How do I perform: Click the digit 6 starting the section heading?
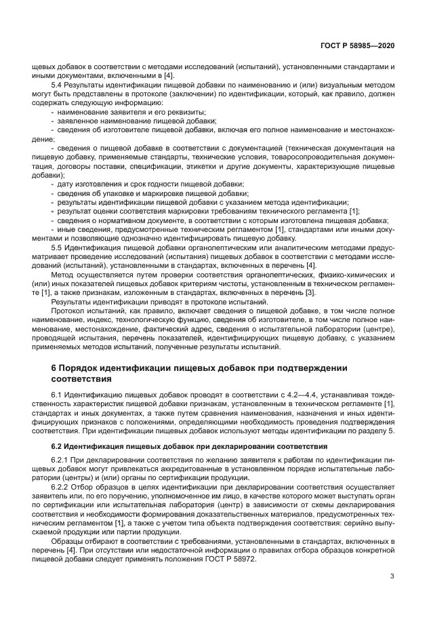[54, 368]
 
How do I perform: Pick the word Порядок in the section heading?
[85, 368]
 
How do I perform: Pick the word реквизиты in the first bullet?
[185, 112]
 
